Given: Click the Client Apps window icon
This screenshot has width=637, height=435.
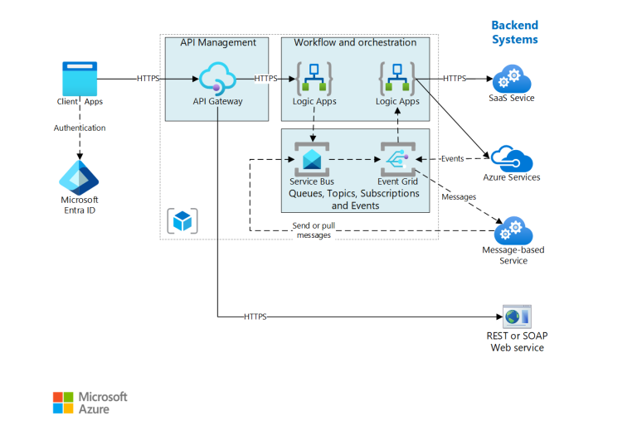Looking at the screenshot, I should point(80,79).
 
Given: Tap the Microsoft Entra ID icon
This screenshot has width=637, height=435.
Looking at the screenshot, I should point(80,176).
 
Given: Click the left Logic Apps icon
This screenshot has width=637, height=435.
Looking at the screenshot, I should point(314,79).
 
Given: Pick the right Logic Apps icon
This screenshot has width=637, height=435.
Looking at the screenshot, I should point(397,79).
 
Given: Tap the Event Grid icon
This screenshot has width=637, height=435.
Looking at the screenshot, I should point(396,158).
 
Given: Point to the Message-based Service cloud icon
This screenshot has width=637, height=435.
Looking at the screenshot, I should point(513,230).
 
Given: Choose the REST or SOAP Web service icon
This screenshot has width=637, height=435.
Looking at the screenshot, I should point(515,316).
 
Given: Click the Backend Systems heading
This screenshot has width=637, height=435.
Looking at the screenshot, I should point(514,32).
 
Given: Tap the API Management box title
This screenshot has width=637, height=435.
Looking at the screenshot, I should point(218,42).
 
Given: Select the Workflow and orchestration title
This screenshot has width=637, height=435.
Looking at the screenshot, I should point(356,42).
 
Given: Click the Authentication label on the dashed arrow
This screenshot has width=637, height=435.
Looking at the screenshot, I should point(80,128).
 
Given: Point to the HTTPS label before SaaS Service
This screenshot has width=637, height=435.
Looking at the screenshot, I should point(455,79).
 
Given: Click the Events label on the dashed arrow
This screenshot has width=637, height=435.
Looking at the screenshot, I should point(452,158).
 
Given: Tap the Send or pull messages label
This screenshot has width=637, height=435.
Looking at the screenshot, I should point(314,231).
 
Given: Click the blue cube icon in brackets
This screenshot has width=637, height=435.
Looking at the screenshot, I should point(182,221).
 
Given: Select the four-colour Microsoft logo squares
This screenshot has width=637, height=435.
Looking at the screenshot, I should point(63,403).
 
